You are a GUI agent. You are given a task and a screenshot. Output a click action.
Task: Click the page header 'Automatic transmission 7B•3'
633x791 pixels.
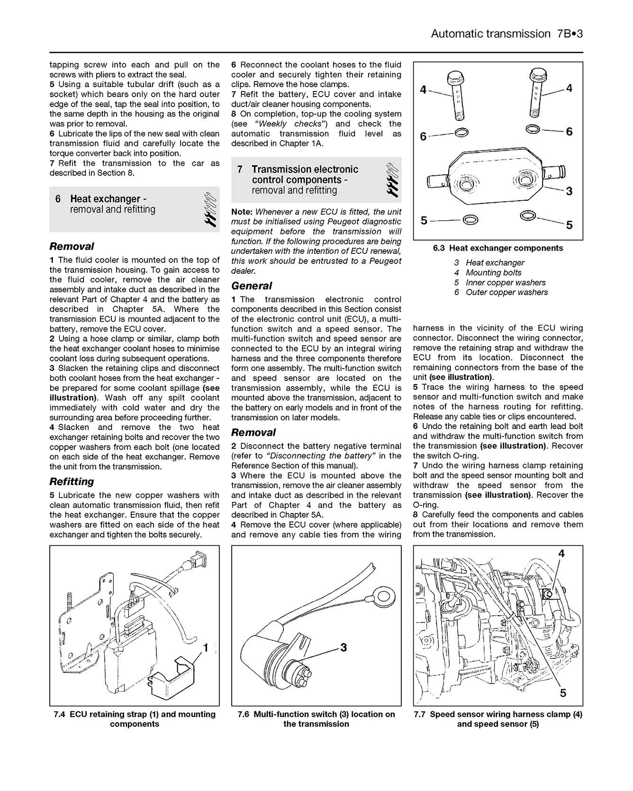(x=506, y=34)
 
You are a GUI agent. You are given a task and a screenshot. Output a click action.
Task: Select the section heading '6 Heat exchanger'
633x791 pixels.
(x=105, y=199)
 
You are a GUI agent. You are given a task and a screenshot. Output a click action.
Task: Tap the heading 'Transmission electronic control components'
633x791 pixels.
(x=305, y=175)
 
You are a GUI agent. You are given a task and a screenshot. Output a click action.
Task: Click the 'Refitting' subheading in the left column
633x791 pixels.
(x=72, y=481)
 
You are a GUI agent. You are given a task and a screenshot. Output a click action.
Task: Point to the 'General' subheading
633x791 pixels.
(x=252, y=286)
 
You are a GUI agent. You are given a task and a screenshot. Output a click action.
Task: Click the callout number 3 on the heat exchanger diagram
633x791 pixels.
(x=569, y=191)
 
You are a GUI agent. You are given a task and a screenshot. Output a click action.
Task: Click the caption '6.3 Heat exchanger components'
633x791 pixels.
(x=497, y=248)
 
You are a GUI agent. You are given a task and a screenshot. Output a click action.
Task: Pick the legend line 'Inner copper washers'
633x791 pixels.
(x=505, y=282)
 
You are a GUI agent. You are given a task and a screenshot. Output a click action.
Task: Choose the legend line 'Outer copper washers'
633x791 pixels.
(x=506, y=292)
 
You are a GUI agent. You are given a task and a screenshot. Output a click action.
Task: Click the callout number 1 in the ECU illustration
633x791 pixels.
(x=206, y=647)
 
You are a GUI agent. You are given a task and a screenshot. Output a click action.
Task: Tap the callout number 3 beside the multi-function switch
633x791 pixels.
(x=344, y=647)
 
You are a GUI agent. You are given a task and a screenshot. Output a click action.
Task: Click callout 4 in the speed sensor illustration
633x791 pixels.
(x=561, y=553)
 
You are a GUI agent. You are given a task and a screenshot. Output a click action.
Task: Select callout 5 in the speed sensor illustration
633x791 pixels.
(x=563, y=693)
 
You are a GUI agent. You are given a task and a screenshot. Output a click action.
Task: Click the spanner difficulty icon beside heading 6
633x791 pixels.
(x=211, y=209)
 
